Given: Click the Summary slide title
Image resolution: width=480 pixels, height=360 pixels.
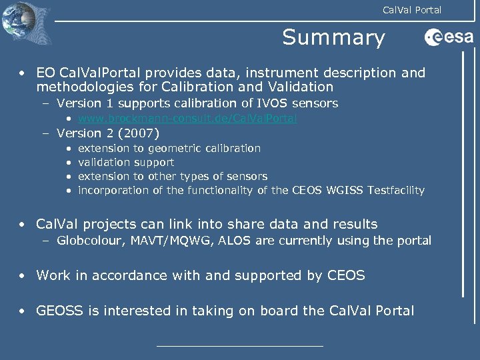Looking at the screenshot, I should coord(333,37).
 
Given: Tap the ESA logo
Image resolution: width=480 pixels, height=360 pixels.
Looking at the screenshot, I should coord(449,38).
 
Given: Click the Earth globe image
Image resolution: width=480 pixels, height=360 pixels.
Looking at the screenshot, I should coord(18,23).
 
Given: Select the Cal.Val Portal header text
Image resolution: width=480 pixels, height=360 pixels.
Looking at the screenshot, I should coord(411,9).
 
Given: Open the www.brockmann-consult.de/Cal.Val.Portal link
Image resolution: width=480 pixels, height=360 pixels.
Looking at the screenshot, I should coord(187,118).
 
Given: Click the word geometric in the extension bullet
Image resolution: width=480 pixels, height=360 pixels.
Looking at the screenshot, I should coord(175,148).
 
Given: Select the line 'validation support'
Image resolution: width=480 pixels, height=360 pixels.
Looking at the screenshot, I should coord(126,162).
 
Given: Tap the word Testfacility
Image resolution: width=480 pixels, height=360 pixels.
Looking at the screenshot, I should coord(393,191).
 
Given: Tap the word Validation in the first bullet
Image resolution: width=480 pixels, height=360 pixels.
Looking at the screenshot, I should coord(300,87).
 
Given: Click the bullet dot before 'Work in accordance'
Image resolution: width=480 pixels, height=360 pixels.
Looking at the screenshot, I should coord(23,275).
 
